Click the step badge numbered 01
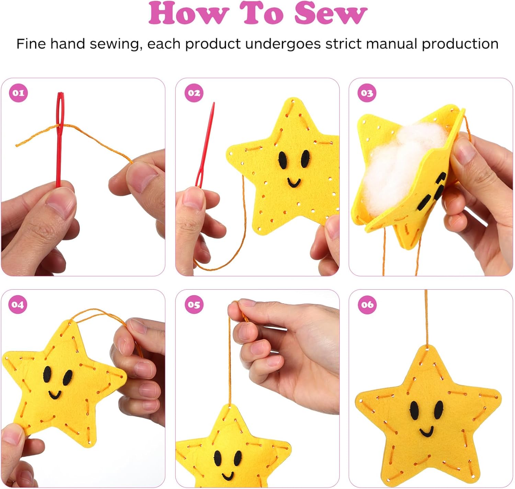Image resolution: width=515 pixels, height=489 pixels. pyautogui.click(x=18, y=93)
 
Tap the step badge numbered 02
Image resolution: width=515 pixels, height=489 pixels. pyautogui.click(x=194, y=93)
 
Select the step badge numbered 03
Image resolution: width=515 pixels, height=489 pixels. pyautogui.click(x=367, y=93)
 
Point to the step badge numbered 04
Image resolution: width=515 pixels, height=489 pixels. pyautogui.click(x=18, y=304)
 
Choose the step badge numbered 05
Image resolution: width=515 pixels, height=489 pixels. pyautogui.click(x=194, y=304)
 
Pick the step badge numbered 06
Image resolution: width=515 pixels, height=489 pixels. pyautogui.click(x=367, y=304)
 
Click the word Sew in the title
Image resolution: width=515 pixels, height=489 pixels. pyautogui.click(x=331, y=13)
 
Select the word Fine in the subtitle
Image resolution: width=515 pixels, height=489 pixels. pyautogui.click(x=32, y=44)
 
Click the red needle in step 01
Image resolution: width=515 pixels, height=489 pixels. pyautogui.click(x=60, y=140)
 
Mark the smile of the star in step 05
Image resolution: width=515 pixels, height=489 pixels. pyautogui.click(x=227, y=476)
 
